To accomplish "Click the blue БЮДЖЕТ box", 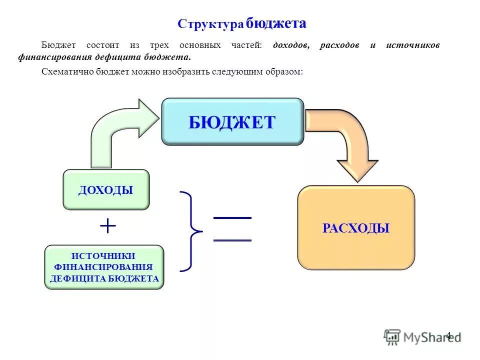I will point(232,121).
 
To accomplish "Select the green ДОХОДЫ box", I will point(106,189).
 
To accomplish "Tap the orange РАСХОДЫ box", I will point(356,228).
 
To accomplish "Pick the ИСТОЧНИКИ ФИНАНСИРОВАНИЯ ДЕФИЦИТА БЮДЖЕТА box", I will point(104,267).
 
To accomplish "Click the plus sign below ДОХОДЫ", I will point(108,226).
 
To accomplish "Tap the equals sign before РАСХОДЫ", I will point(232,229).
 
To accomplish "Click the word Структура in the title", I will point(210,24).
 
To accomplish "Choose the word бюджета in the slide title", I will point(276,23).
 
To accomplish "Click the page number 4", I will point(448,335).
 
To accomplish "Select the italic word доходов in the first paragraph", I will point(291,45).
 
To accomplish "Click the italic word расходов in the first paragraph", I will point(339,45).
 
